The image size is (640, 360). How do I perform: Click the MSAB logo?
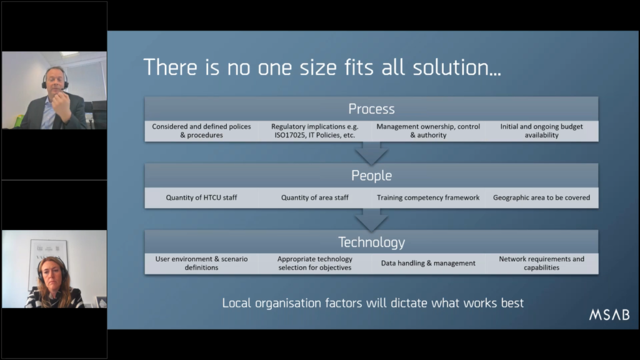(609, 314)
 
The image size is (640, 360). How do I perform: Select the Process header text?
(371, 109)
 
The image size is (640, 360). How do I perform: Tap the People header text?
(371, 176)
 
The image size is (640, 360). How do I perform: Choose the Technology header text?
(371, 242)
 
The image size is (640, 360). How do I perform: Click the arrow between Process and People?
(371, 152)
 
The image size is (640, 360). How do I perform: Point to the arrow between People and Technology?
(371, 219)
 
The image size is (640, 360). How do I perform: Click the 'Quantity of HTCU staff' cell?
(201, 197)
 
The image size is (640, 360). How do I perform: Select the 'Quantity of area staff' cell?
(315, 197)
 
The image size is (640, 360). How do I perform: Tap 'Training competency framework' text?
(428, 197)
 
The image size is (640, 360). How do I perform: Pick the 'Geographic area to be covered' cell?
(542, 197)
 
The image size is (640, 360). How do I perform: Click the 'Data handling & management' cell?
(428, 263)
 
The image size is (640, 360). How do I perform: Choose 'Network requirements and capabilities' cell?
(542, 263)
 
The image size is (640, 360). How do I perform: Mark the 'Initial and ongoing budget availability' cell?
(542, 131)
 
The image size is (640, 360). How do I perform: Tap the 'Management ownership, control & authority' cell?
(428, 131)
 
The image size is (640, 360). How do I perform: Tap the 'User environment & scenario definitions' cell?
(201, 263)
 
